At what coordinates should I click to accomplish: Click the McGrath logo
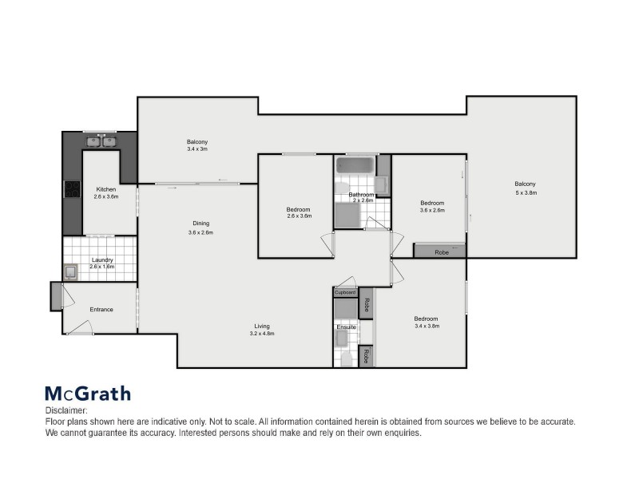point(87,393)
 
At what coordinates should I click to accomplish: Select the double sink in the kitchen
point(101,141)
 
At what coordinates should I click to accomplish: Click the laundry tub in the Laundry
point(71,272)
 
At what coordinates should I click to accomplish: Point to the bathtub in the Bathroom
point(355,165)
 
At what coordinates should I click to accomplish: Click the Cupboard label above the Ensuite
point(345,292)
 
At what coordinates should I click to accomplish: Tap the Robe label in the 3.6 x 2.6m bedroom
point(442,251)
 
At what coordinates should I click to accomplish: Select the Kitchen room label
point(106,189)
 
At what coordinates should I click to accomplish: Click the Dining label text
point(200,224)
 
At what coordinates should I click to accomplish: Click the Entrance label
point(101,310)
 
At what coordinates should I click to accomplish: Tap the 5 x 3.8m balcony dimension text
point(525,192)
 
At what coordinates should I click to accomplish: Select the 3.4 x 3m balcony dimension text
point(197,149)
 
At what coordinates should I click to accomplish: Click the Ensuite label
point(346,327)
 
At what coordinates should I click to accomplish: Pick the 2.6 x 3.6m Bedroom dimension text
point(299,216)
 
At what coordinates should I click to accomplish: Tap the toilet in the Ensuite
point(346,358)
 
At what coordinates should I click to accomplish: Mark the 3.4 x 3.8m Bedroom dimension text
point(427,326)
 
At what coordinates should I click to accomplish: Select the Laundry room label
point(102,259)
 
